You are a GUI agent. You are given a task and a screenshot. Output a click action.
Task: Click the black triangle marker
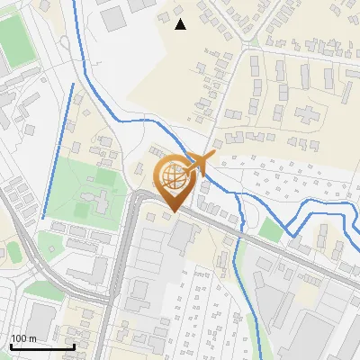pyautogui.click(x=180, y=24)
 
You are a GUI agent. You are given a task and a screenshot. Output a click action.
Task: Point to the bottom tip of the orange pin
pyautogui.click(x=171, y=212)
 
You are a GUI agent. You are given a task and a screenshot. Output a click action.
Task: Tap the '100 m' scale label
pyautogui.click(x=23, y=338)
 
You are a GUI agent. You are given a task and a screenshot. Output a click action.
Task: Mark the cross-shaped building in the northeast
pyautogui.click(x=308, y=114)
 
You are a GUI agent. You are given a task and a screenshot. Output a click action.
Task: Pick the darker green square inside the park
pyautogui.click(x=82, y=211)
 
